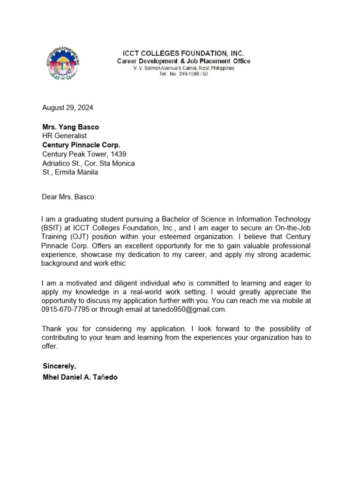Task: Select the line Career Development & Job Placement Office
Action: [x=183, y=61]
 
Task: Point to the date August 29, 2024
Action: [x=67, y=107]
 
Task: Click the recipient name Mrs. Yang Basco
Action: [x=70, y=127]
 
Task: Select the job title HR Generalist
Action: [x=64, y=136]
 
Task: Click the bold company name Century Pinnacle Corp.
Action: [x=81, y=145]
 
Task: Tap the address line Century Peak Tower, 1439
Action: [x=84, y=154]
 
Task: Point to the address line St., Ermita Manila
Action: [x=70, y=172]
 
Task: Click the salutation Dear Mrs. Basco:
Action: [x=69, y=197]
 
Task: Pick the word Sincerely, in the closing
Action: [x=59, y=366]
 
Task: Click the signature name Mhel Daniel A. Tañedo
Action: [x=80, y=377]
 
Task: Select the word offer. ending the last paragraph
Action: [x=50, y=346]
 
